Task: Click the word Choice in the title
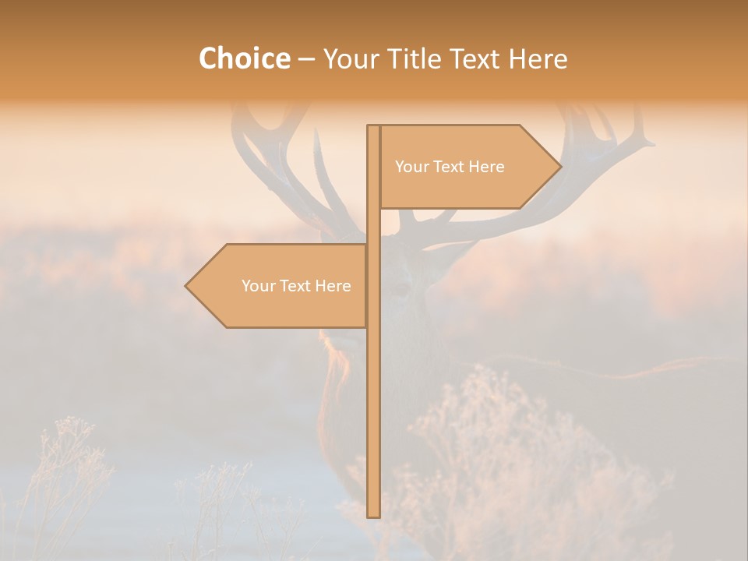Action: click(x=244, y=58)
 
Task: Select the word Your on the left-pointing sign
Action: click(x=257, y=286)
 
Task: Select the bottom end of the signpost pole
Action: click(x=373, y=514)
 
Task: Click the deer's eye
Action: click(x=401, y=289)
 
